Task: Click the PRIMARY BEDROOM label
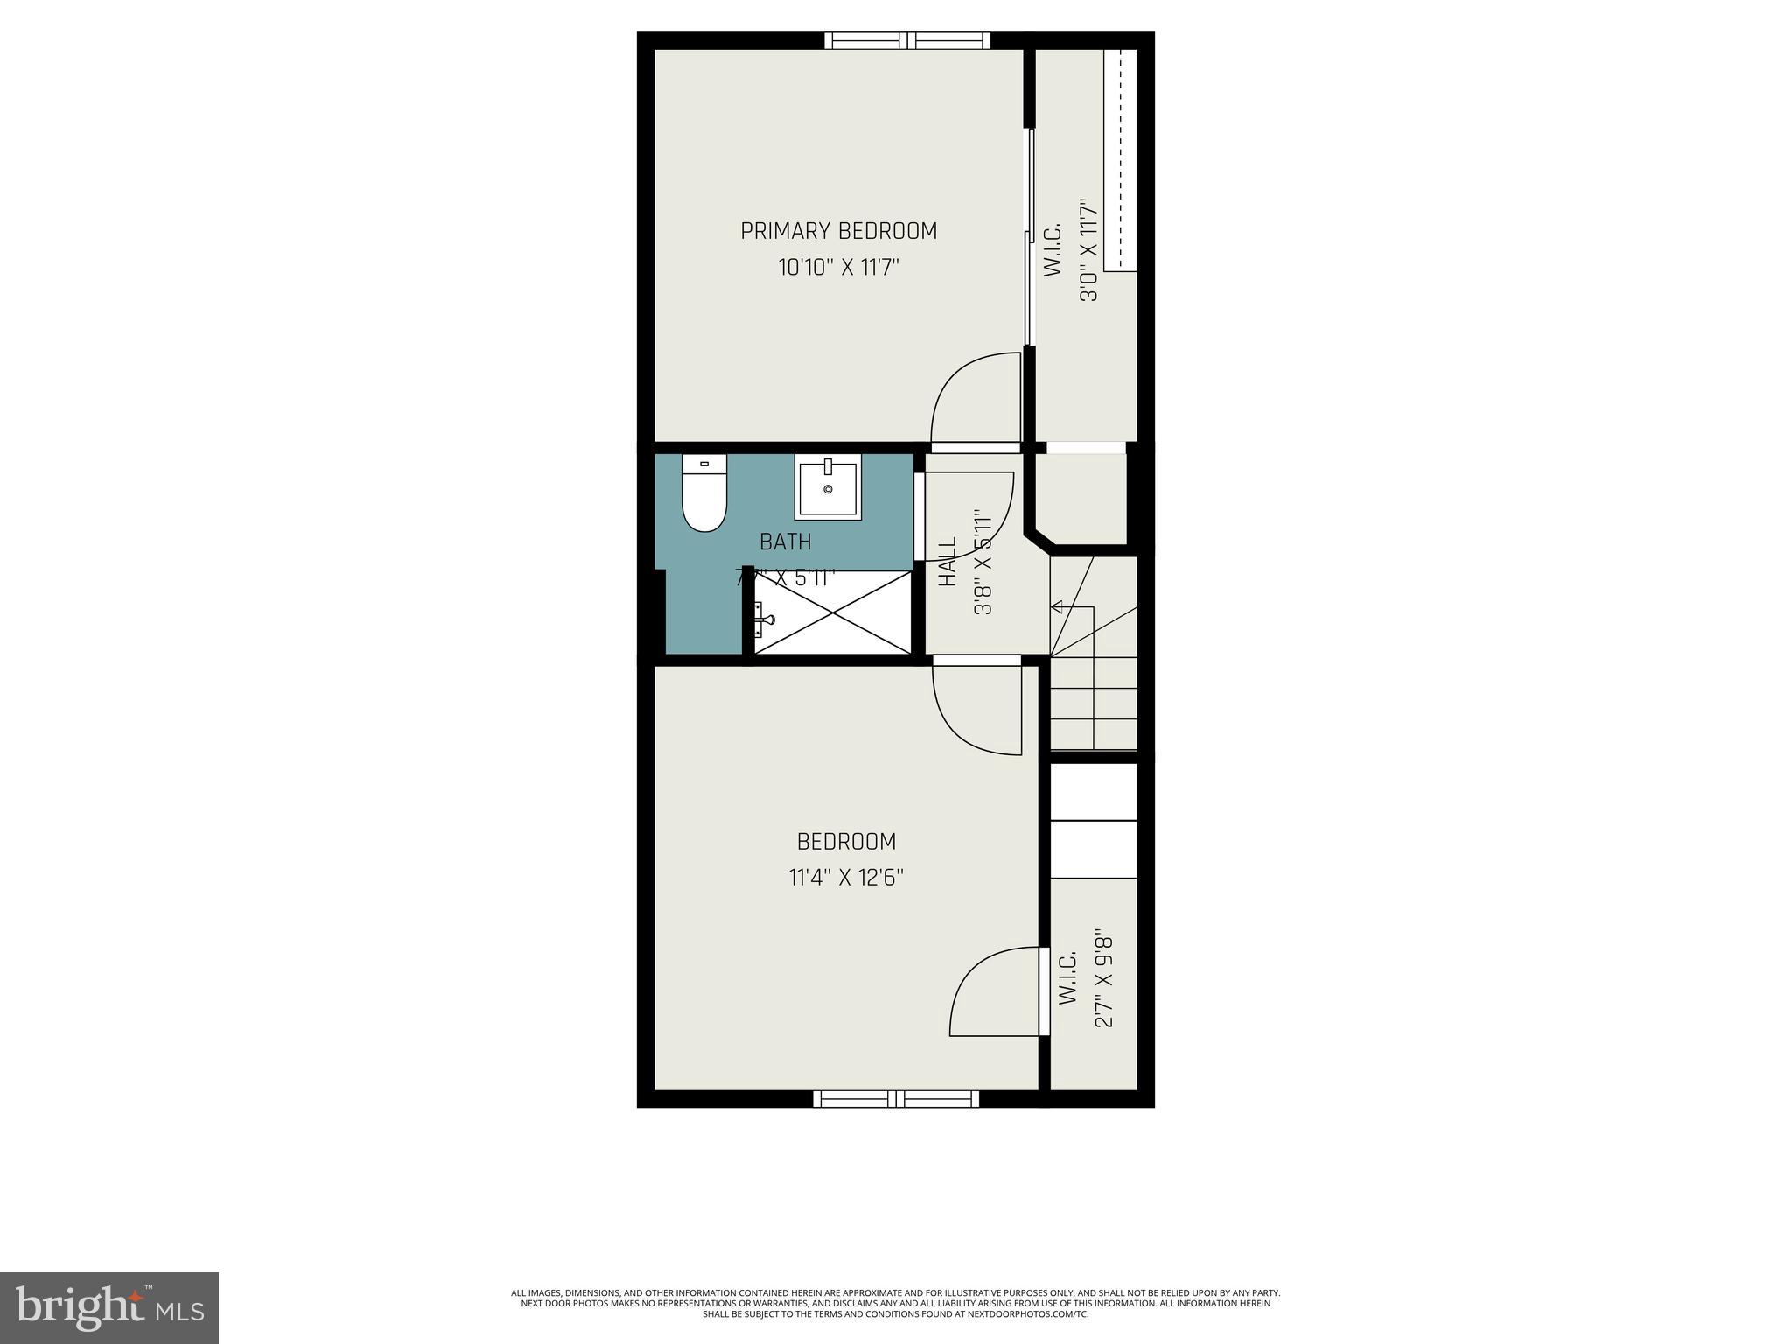coord(838,231)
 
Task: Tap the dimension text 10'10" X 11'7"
coord(838,267)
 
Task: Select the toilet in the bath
coord(704,494)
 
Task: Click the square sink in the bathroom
coord(828,488)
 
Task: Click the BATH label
coord(785,542)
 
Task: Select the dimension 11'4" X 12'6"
coord(845,877)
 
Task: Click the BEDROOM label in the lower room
coord(846,842)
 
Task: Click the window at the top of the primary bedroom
coord(907,40)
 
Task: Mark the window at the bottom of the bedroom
coord(896,1099)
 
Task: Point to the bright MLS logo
coord(109,1307)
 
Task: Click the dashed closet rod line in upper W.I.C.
coord(1120,157)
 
